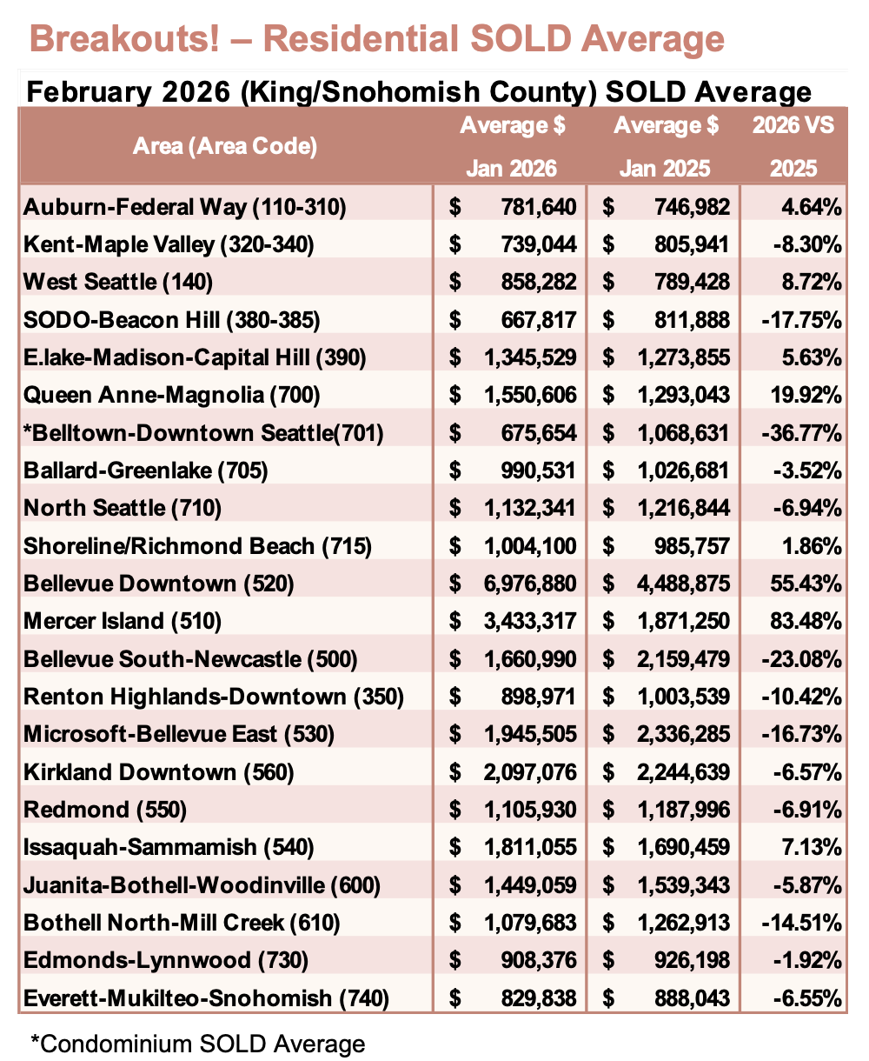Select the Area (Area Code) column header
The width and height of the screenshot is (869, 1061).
point(225,145)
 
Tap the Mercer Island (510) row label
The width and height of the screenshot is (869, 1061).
point(123,621)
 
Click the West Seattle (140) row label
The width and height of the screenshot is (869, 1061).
point(118,282)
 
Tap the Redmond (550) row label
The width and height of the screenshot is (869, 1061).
point(105,810)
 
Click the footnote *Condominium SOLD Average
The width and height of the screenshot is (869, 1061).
point(197,1043)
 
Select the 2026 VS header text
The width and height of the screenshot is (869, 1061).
point(793,125)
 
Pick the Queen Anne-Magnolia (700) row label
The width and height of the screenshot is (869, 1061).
point(172,395)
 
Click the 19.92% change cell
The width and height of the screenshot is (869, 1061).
point(809,395)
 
